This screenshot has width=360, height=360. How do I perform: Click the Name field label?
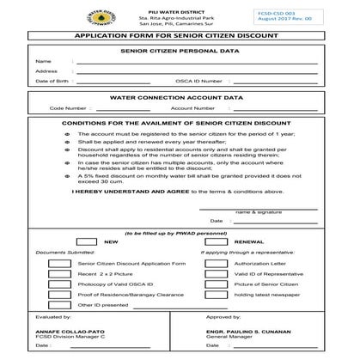click(x=42, y=62)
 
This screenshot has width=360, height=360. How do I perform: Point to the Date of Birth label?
click(x=52, y=81)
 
